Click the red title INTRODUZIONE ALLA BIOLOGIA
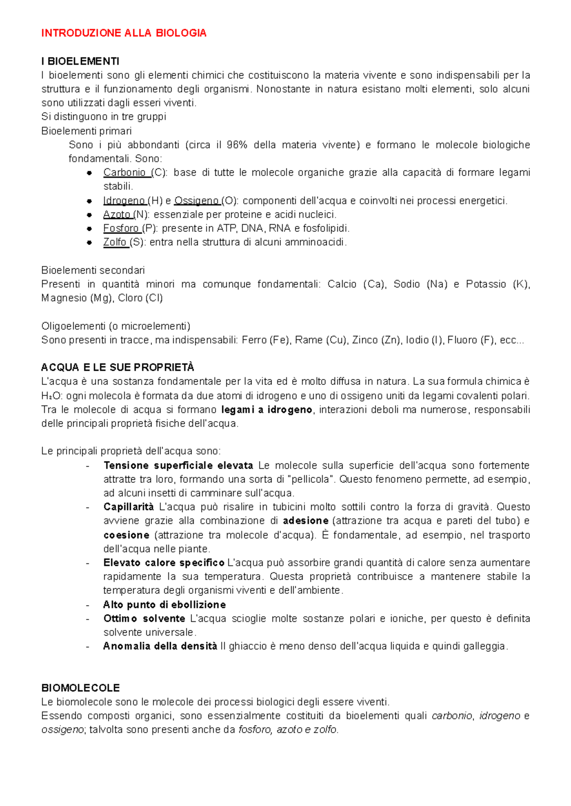[x=124, y=33]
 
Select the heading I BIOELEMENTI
[x=80, y=61]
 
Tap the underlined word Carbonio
[x=125, y=173]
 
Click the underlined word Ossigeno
[x=196, y=201]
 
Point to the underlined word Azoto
[x=117, y=215]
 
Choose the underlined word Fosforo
[x=121, y=228]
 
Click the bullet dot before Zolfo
[x=89, y=242]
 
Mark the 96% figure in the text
[x=236, y=145]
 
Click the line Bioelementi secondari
[x=93, y=270]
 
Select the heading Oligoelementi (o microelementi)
[x=116, y=326]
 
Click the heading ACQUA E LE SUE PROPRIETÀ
[x=118, y=367]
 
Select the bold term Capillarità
[x=128, y=507]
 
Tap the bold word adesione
[x=305, y=521]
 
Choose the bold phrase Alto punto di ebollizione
[x=164, y=605]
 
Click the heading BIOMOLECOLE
[x=80, y=688]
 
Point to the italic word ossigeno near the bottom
[x=62, y=730]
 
